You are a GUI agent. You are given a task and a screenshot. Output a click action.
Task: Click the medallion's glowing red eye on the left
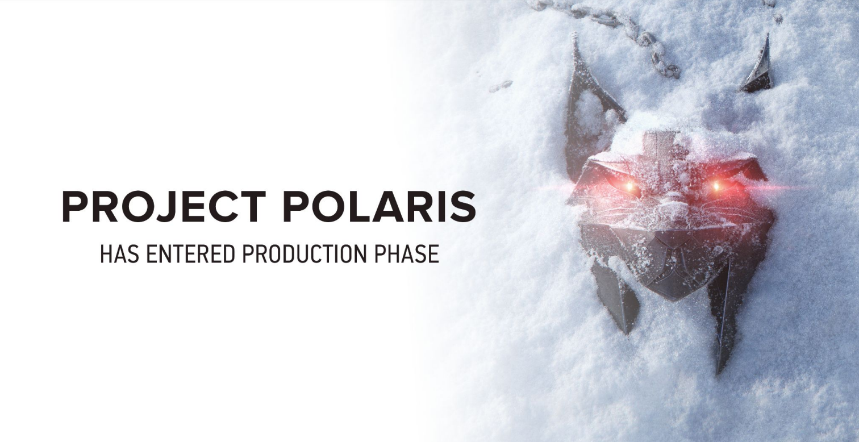[628, 186]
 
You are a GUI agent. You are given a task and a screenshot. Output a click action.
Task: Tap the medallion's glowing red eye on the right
[717, 186]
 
